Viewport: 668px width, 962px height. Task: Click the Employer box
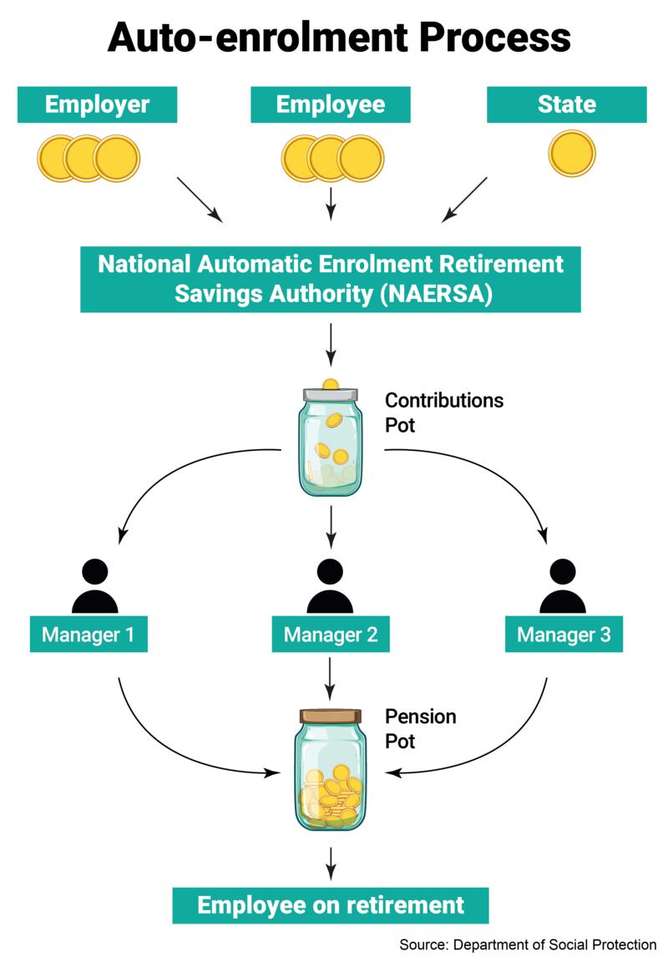tap(97, 105)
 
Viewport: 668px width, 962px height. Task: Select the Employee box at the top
tap(331, 105)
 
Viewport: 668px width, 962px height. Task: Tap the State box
tap(567, 105)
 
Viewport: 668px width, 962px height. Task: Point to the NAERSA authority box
tap(331, 278)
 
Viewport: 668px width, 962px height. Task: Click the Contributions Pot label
tap(443, 412)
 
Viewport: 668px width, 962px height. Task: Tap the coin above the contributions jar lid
tap(331, 384)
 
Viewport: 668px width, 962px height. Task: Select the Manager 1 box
tap(89, 635)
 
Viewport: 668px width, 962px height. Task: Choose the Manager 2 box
tap(331, 635)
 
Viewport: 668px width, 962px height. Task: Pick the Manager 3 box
tap(564, 635)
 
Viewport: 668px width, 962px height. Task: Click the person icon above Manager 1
tap(95, 586)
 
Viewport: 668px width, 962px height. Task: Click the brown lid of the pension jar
tap(331, 716)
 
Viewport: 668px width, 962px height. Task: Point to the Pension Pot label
tap(421, 728)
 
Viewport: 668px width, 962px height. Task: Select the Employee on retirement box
tap(331, 905)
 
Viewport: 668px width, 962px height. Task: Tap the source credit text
tap(528, 945)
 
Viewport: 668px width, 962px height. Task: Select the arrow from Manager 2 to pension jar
tap(331, 678)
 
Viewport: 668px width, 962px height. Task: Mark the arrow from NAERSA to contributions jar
tap(331, 344)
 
